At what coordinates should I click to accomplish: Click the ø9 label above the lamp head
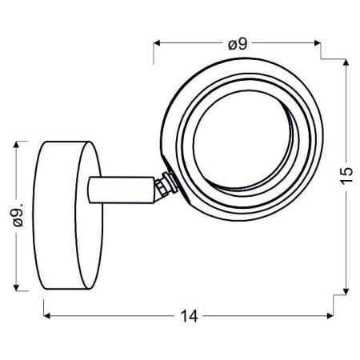coord(236,45)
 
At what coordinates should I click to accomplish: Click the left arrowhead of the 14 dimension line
coord(46,314)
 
